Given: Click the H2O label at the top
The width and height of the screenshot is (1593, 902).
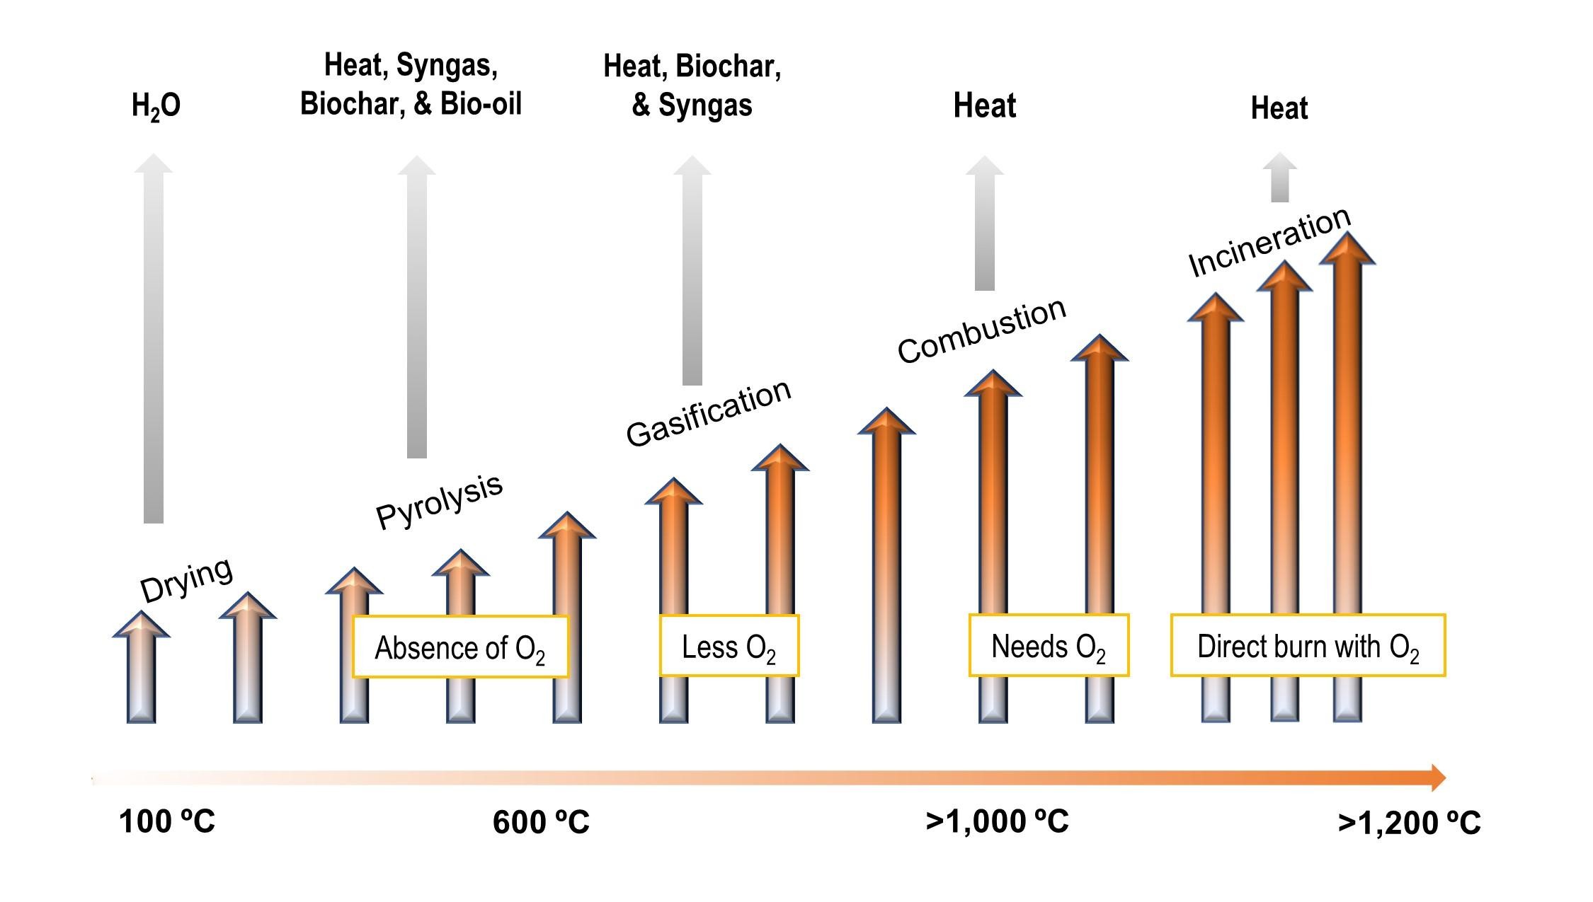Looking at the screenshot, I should pyautogui.click(x=156, y=106).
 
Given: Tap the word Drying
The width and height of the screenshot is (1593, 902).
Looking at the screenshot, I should pyautogui.click(x=186, y=579).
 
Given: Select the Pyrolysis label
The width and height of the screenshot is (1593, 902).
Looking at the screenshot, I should pyautogui.click(x=439, y=501).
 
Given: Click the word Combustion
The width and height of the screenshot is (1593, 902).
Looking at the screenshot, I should pyautogui.click(x=981, y=330).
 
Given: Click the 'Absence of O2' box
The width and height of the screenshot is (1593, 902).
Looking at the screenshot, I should pyautogui.click(x=460, y=647).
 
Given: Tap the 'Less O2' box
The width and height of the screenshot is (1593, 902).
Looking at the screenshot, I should pyautogui.click(x=729, y=647).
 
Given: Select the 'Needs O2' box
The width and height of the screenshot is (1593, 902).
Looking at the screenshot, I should pyautogui.click(x=1049, y=646).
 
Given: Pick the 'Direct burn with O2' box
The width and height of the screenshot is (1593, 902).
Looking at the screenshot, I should pyautogui.click(x=1308, y=646).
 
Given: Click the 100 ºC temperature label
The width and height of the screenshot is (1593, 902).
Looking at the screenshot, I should pyautogui.click(x=167, y=822).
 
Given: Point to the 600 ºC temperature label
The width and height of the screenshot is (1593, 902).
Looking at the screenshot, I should pyautogui.click(x=541, y=822).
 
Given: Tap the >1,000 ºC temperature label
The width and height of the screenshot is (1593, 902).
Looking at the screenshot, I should pyautogui.click(x=997, y=821).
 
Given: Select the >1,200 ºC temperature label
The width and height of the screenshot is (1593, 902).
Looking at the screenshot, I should pyautogui.click(x=1409, y=823).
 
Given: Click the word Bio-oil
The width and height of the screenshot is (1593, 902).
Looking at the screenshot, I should pyautogui.click(x=481, y=104).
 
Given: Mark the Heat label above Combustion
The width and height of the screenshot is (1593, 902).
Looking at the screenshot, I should pyautogui.click(x=984, y=106).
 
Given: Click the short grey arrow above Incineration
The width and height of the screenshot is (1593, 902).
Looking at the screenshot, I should pyautogui.click(x=1279, y=178).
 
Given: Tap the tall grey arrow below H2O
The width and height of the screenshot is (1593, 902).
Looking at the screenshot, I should pyautogui.click(x=154, y=340).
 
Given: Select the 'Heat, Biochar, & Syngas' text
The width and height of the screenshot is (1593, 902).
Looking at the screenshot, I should pyautogui.click(x=692, y=86).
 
